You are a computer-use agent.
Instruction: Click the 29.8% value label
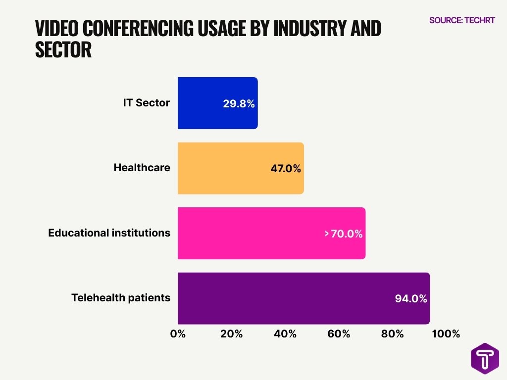tap(239, 104)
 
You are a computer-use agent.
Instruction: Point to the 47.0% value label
tap(286, 169)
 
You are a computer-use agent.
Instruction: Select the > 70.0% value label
tap(344, 234)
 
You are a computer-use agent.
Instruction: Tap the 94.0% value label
tap(410, 299)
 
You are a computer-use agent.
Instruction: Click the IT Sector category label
tap(146, 103)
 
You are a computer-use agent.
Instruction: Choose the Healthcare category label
tap(142, 168)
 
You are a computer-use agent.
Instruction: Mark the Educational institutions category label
tap(109, 233)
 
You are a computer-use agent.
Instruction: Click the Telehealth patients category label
tap(121, 298)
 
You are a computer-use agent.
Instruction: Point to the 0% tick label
tap(178, 334)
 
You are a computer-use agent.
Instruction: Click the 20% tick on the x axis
tap(231, 334)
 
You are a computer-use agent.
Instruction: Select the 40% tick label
tap(285, 334)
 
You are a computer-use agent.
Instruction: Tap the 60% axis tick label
tap(339, 334)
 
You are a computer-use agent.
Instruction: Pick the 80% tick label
tap(392, 334)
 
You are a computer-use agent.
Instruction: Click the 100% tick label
tap(446, 334)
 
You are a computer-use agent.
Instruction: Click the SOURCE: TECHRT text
tap(462, 20)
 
